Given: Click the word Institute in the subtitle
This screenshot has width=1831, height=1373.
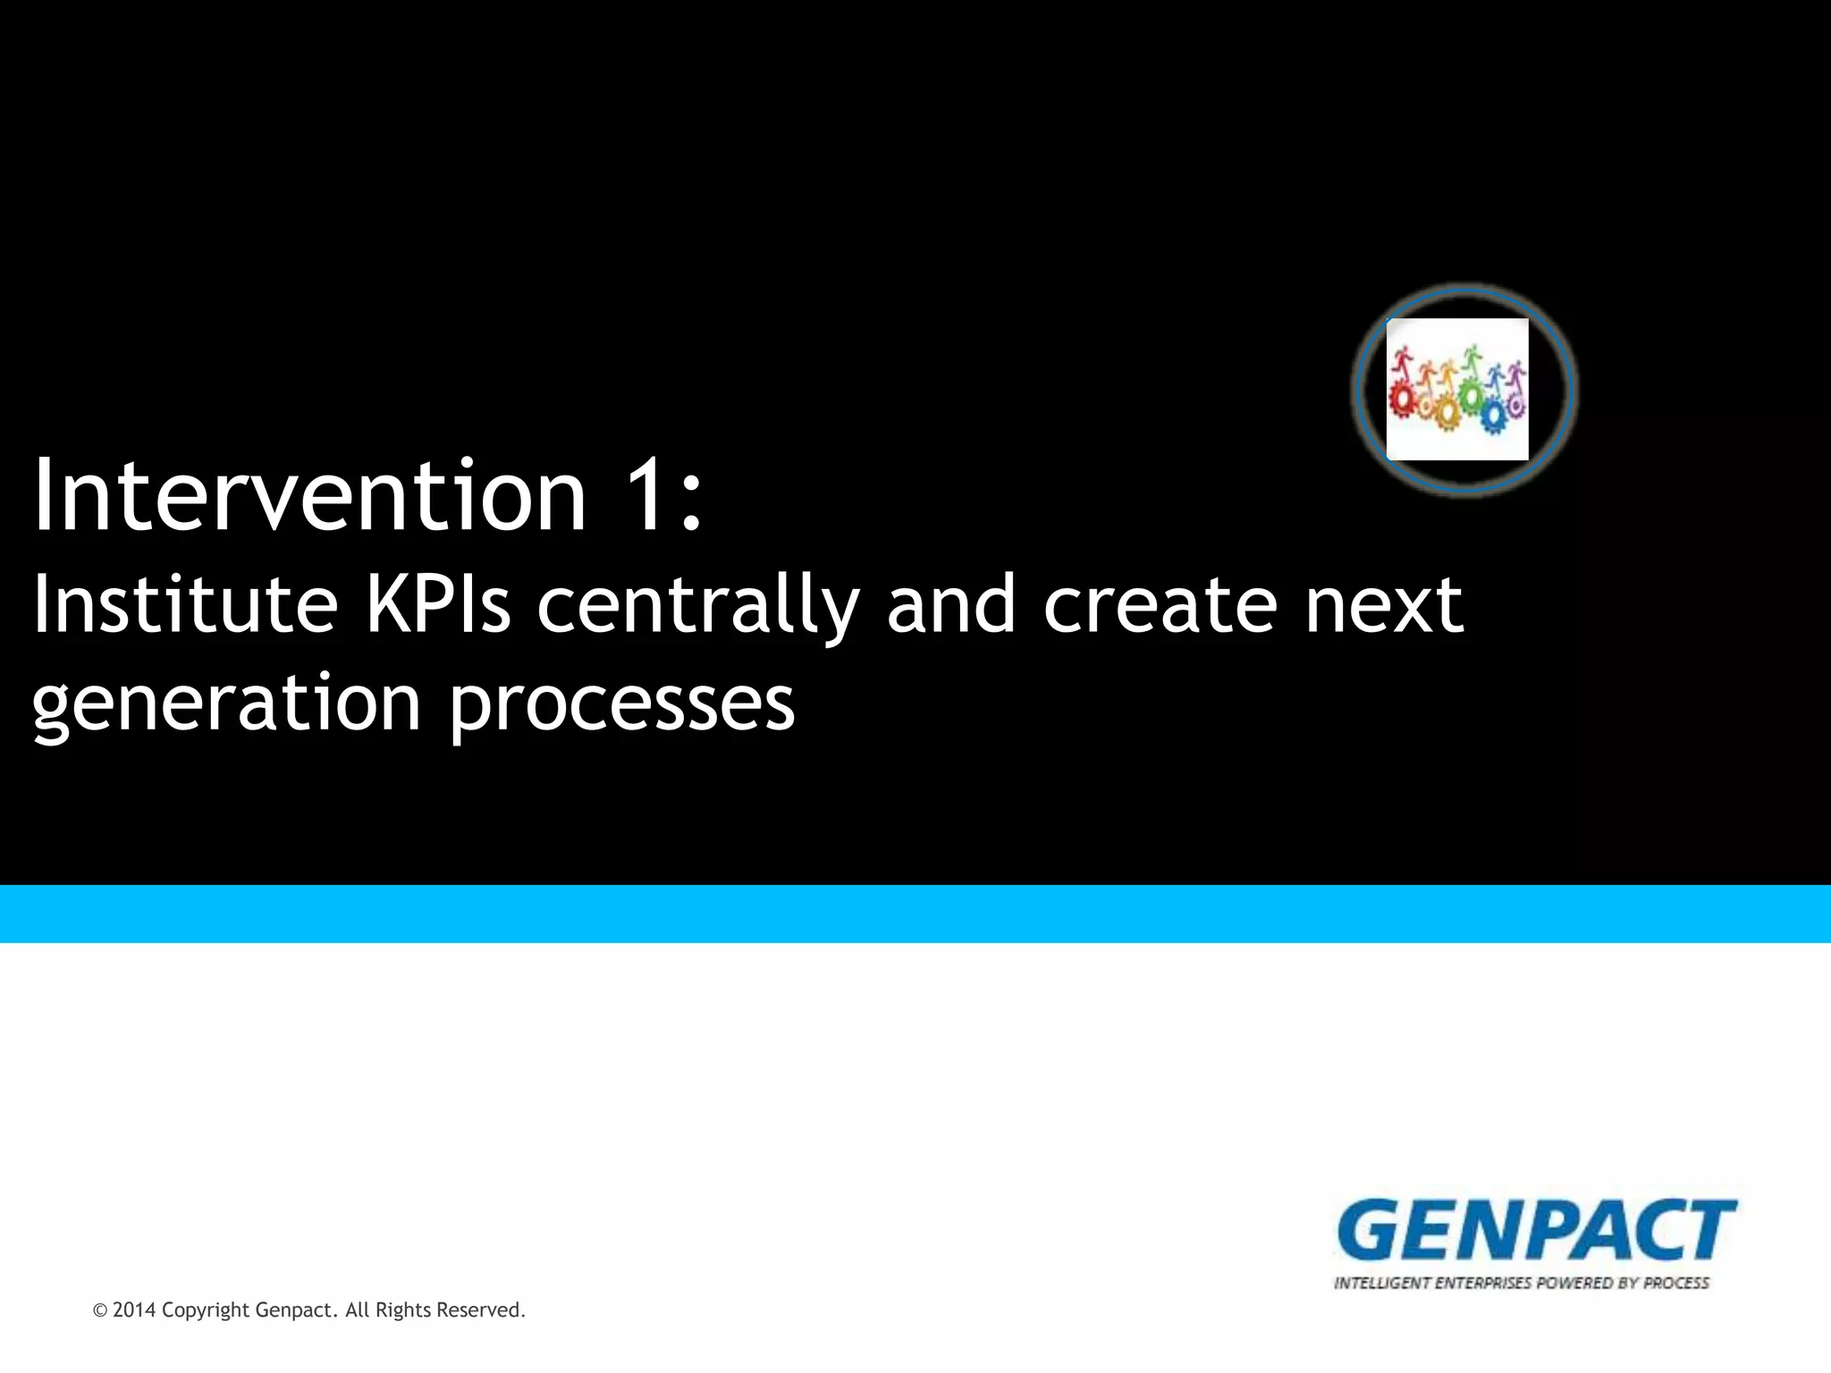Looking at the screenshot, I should tap(185, 605).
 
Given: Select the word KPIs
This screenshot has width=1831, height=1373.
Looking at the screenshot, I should tap(438, 605).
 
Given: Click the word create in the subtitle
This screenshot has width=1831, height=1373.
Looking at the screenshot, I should tap(1160, 606).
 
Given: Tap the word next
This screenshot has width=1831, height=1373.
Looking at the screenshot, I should tap(1383, 606).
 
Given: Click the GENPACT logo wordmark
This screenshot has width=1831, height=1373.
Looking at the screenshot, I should tap(1535, 1231).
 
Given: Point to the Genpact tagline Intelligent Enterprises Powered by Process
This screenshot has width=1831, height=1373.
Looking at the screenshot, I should tap(1521, 1283).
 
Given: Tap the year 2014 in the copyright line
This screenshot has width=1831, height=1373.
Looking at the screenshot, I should tap(134, 1310).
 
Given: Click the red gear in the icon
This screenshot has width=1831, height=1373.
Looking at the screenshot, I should tap(1402, 399).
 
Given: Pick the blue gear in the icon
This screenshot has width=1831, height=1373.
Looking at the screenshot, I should tap(1491, 414).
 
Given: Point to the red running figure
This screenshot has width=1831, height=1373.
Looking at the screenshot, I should tap(1401, 362).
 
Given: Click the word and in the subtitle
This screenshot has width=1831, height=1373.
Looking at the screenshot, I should tap(950, 606).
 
